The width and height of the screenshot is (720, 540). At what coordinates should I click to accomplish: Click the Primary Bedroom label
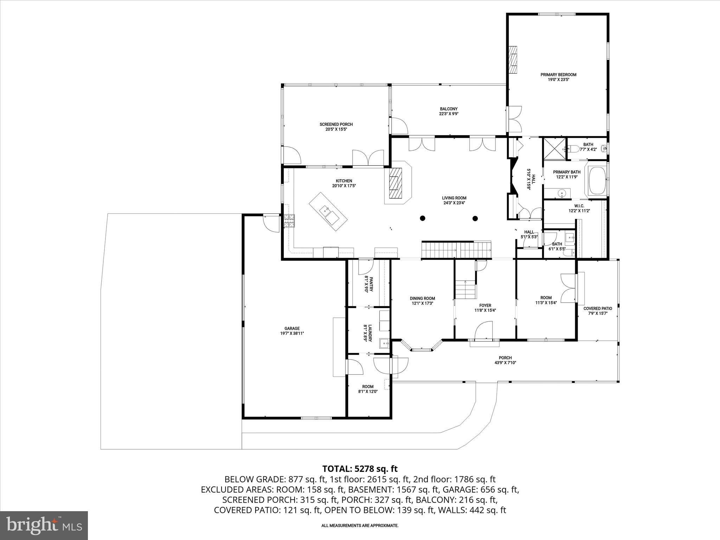click(558, 75)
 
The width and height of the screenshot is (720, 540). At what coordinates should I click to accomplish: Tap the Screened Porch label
click(336, 124)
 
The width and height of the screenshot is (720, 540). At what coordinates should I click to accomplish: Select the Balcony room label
click(449, 109)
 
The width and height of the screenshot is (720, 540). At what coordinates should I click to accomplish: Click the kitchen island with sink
click(328, 212)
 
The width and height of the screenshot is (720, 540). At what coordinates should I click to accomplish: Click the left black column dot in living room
click(423, 218)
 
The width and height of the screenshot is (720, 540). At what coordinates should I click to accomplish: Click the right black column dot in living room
click(475, 218)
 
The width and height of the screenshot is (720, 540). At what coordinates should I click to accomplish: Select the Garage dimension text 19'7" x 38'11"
click(292, 334)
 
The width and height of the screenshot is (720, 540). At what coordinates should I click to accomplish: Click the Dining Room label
click(422, 298)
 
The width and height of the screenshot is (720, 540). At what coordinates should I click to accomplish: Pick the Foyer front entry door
click(484, 333)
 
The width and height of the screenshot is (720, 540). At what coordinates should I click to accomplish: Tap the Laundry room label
click(368, 333)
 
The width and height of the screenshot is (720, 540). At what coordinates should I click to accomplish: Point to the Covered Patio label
click(598, 309)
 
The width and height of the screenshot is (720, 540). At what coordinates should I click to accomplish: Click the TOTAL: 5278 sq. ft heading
click(360, 469)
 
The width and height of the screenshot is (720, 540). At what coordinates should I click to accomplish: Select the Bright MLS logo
click(44, 525)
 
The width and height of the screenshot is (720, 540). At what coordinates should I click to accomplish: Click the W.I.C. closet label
click(579, 206)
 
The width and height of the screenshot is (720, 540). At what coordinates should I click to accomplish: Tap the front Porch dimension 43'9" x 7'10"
click(505, 363)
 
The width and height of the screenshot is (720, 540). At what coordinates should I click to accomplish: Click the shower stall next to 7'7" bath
click(555, 149)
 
